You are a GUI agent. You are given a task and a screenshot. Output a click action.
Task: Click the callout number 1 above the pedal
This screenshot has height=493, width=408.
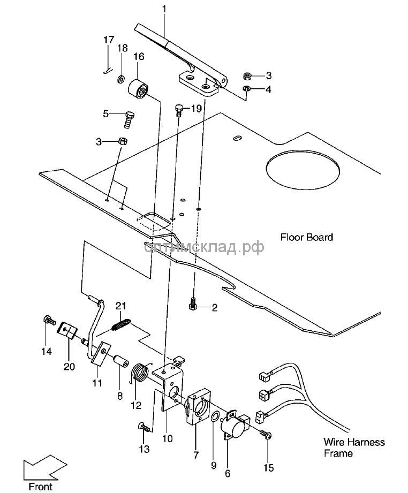[164, 9]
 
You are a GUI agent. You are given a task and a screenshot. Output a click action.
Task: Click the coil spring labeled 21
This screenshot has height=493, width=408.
[122, 324]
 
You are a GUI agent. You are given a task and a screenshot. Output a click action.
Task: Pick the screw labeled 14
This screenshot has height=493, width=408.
[49, 321]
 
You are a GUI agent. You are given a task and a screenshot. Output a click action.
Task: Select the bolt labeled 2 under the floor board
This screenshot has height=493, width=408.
[194, 305]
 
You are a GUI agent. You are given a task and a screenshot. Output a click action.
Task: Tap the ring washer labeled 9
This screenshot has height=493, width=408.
[215, 416]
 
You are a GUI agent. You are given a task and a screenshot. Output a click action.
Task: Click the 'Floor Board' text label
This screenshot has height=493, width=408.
[307, 237]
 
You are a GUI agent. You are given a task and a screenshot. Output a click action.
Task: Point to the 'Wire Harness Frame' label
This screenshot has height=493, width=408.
[354, 448]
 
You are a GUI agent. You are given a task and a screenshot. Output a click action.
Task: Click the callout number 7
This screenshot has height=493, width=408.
[195, 456]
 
